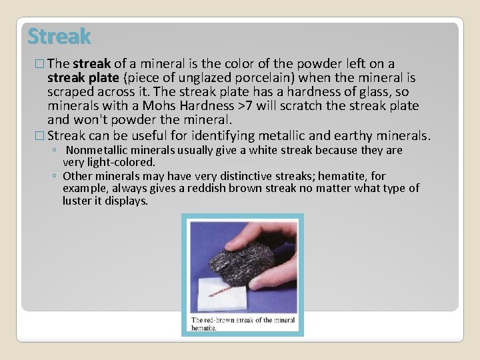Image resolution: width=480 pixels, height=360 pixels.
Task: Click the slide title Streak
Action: click(x=59, y=35)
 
